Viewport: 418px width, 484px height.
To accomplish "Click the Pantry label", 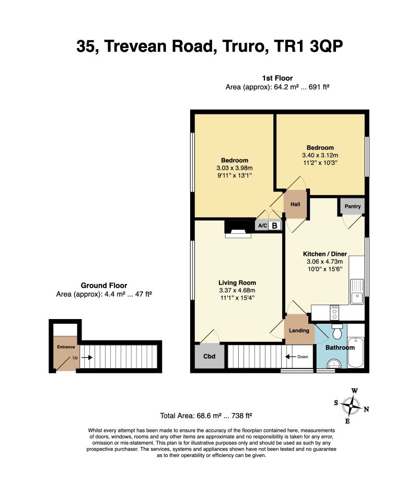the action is [353, 206].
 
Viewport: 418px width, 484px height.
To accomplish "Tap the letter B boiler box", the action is [274, 226].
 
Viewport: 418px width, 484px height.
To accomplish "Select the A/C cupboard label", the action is [262, 226].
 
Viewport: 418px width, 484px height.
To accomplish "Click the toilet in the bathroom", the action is [337, 332].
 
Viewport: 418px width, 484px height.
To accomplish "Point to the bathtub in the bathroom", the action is [356, 352].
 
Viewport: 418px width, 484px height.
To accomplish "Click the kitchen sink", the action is [357, 292].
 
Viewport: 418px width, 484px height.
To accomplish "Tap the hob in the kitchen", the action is [334, 313].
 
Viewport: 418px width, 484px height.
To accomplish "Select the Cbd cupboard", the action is [210, 356].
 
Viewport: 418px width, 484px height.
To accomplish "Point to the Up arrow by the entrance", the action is [87, 358].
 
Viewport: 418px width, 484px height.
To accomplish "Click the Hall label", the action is [295, 204].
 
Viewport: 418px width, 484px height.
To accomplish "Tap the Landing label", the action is [299, 330].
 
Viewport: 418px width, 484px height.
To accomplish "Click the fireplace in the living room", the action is [238, 229].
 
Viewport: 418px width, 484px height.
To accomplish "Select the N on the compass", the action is [366, 409].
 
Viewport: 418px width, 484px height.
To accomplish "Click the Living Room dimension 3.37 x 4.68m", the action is [237, 290].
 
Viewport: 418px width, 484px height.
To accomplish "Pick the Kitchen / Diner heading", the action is [324, 254].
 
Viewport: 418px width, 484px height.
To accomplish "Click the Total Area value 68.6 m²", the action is [209, 416].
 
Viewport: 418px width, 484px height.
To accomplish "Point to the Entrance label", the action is [66, 347].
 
